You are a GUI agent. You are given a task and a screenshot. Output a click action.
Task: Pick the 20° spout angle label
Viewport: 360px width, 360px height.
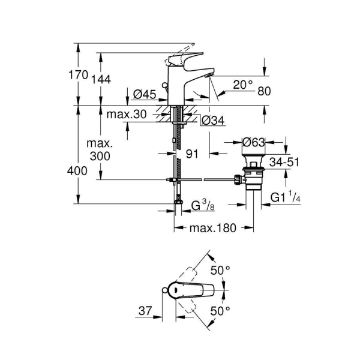tap(243, 85)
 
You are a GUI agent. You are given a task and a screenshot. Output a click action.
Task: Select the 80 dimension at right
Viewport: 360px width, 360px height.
tap(266, 92)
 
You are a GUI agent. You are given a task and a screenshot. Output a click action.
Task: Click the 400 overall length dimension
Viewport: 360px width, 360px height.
tap(79, 171)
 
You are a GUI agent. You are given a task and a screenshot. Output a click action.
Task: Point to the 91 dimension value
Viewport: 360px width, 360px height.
tap(192, 154)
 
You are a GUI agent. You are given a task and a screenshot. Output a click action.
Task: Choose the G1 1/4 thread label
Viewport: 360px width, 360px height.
tap(284, 197)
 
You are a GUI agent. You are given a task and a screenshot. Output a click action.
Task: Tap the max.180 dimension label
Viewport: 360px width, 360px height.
tap(213, 228)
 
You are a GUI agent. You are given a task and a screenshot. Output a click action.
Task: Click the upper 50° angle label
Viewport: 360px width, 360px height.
tap(220, 271)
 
